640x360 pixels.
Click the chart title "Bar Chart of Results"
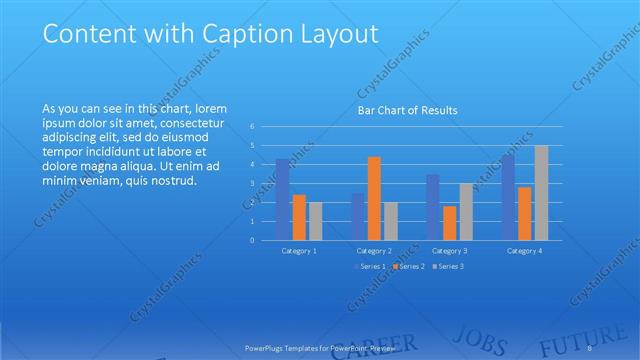click(408, 110)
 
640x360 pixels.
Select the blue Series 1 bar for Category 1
click(282, 199)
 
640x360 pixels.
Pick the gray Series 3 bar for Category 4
click(541, 193)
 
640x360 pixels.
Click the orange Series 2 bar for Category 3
click(450, 223)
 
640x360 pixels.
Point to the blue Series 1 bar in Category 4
click(508, 197)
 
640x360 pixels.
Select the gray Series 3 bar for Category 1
click(316, 221)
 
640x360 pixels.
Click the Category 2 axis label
click(374, 250)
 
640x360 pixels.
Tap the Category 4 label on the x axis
click(524, 250)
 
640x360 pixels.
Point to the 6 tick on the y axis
click(253, 126)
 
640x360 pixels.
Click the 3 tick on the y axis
click(253, 184)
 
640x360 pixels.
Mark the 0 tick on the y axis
click(253, 241)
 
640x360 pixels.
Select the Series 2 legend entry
click(410, 266)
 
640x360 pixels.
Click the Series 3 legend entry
click(449, 266)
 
